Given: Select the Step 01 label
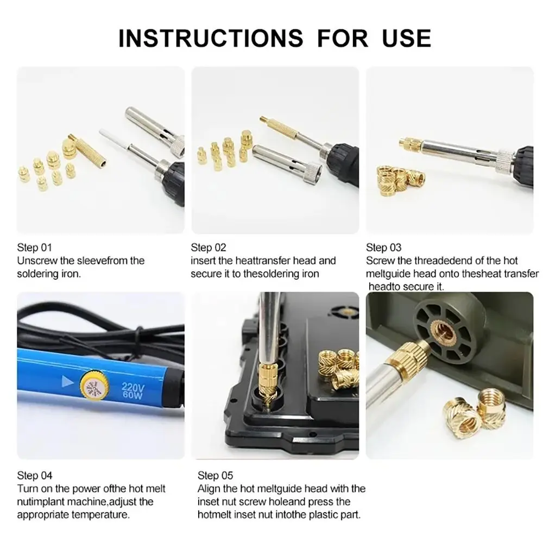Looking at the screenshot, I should pyautogui.click(x=35, y=248).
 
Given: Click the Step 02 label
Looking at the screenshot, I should pyautogui.click(x=209, y=248).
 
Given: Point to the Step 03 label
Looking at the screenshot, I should pyautogui.click(x=384, y=248).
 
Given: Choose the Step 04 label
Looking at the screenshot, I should pyautogui.click(x=35, y=476).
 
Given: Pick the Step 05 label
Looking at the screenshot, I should pyautogui.click(x=216, y=476).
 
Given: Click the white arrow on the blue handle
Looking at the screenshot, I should pyautogui.click(x=67, y=381).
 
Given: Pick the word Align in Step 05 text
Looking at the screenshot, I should pyautogui.click(x=209, y=489).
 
